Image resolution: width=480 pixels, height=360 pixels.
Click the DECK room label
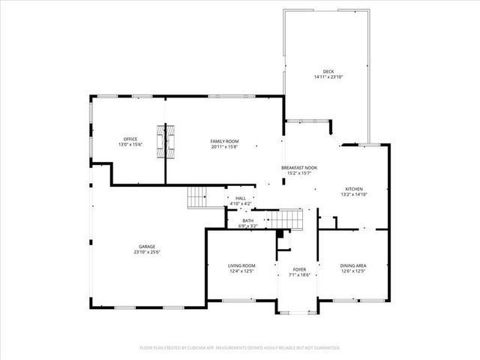pyautogui.click(x=328, y=72)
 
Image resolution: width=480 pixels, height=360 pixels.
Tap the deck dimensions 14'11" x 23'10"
pyautogui.click(x=328, y=77)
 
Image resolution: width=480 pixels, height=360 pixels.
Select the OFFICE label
pyautogui.click(x=130, y=139)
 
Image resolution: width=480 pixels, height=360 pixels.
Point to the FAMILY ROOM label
pyautogui.click(x=224, y=140)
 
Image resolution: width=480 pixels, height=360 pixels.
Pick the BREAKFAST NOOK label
pyautogui.click(x=299, y=168)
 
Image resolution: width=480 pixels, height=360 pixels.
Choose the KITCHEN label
pyautogui.click(x=354, y=189)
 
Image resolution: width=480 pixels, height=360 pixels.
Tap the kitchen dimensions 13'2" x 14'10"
pyautogui.click(x=354, y=194)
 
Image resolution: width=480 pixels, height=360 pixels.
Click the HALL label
pyautogui.click(x=240, y=198)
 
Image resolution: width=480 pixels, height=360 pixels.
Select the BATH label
pyautogui.click(x=247, y=220)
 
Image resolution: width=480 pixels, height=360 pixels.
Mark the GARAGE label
pyautogui.click(x=146, y=247)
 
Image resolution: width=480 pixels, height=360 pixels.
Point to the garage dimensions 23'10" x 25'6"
pyautogui.click(x=146, y=252)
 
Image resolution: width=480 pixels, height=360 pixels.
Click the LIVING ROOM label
pyautogui.click(x=241, y=265)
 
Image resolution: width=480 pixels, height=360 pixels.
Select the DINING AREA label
pyautogui.click(x=352, y=265)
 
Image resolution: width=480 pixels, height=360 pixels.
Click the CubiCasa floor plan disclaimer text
pyautogui.click(x=240, y=348)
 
